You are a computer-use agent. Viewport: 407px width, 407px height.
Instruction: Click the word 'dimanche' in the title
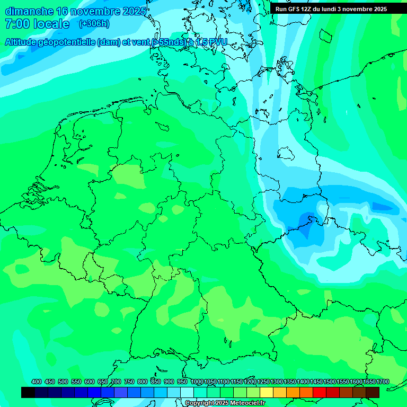[x=29, y=11]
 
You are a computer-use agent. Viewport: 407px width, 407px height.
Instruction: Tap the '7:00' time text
[x=16, y=24]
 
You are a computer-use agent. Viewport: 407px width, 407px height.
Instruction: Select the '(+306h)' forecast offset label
[x=94, y=24]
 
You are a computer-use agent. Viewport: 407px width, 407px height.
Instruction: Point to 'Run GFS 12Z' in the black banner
[x=293, y=9]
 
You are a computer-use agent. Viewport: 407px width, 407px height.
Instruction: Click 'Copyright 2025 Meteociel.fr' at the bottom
[x=225, y=403]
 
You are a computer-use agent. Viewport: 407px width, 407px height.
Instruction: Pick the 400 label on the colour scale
[x=37, y=382]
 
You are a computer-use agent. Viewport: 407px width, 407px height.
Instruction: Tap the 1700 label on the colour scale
[x=383, y=382]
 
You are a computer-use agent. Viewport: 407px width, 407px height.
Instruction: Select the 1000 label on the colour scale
[x=197, y=382]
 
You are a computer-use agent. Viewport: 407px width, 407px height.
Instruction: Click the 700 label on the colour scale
[x=116, y=382]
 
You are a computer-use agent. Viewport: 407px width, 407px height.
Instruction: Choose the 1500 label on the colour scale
[x=330, y=382]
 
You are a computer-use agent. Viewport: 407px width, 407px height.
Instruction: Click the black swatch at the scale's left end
[x=28, y=392]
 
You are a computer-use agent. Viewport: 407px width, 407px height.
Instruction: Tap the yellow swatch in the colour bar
[x=267, y=392]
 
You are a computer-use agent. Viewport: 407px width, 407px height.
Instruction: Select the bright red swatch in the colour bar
[x=320, y=392]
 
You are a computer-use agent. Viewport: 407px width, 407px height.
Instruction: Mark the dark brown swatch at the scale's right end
[x=373, y=392]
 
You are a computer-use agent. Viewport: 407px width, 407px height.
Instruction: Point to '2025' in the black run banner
[x=376, y=9]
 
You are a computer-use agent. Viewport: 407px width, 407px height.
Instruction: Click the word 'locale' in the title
[x=52, y=24]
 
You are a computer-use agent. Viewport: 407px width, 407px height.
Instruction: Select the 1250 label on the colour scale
[x=263, y=382]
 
